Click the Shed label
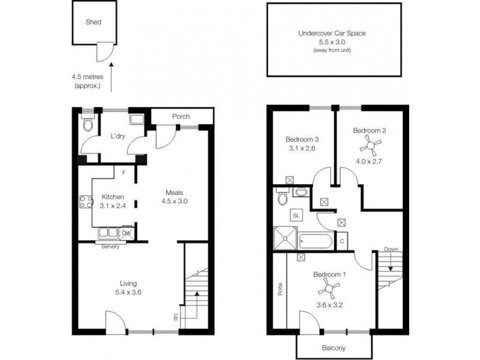point(93,22)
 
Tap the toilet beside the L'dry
point(88,124)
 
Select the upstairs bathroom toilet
point(282,197)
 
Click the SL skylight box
point(297,214)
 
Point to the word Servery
point(110,247)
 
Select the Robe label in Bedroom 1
point(280,289)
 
